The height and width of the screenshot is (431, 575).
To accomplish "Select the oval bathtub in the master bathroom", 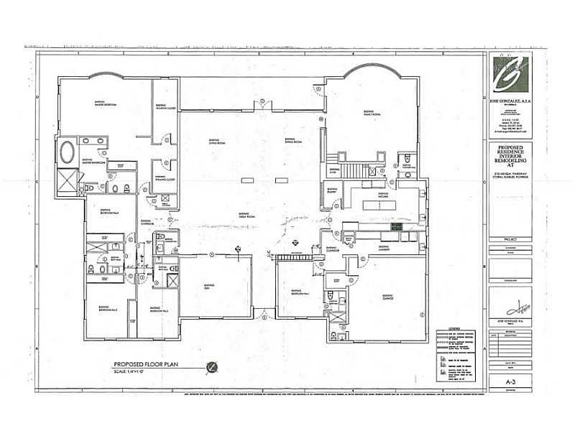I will click(67, 152).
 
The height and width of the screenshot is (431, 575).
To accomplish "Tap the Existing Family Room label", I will click(371, 113).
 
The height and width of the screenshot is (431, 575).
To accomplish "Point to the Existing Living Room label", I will click(213, 141).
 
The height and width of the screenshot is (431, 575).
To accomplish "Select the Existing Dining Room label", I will click(291, 141).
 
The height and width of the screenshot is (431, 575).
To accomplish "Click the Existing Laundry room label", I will click(383, 249).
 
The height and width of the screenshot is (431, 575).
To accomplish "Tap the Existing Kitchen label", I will click(383, 194).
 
